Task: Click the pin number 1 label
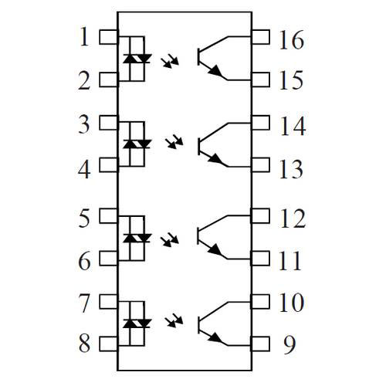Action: (85, 37)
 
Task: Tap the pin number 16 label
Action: (292, 39)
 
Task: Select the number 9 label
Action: (289, 344)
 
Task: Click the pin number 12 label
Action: (293, 218)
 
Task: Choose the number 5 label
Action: (84, 218)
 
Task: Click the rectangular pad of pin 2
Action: (108, 80)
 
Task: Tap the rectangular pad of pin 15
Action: (260, 80)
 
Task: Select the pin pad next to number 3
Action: (108, 123)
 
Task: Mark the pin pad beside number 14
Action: (260, 123)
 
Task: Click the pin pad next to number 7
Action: (108, 302)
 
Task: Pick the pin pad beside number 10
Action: (260, 302)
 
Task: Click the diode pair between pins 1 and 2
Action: (137, 59)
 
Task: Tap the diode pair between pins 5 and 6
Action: (137, 238)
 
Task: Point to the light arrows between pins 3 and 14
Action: (174, 141)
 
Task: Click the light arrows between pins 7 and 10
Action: (174, 320)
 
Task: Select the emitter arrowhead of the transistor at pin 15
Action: (215, 70)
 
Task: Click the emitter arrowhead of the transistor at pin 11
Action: (215, 249)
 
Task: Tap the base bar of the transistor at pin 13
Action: (199, 147)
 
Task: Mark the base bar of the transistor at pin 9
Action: (199, 326)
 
